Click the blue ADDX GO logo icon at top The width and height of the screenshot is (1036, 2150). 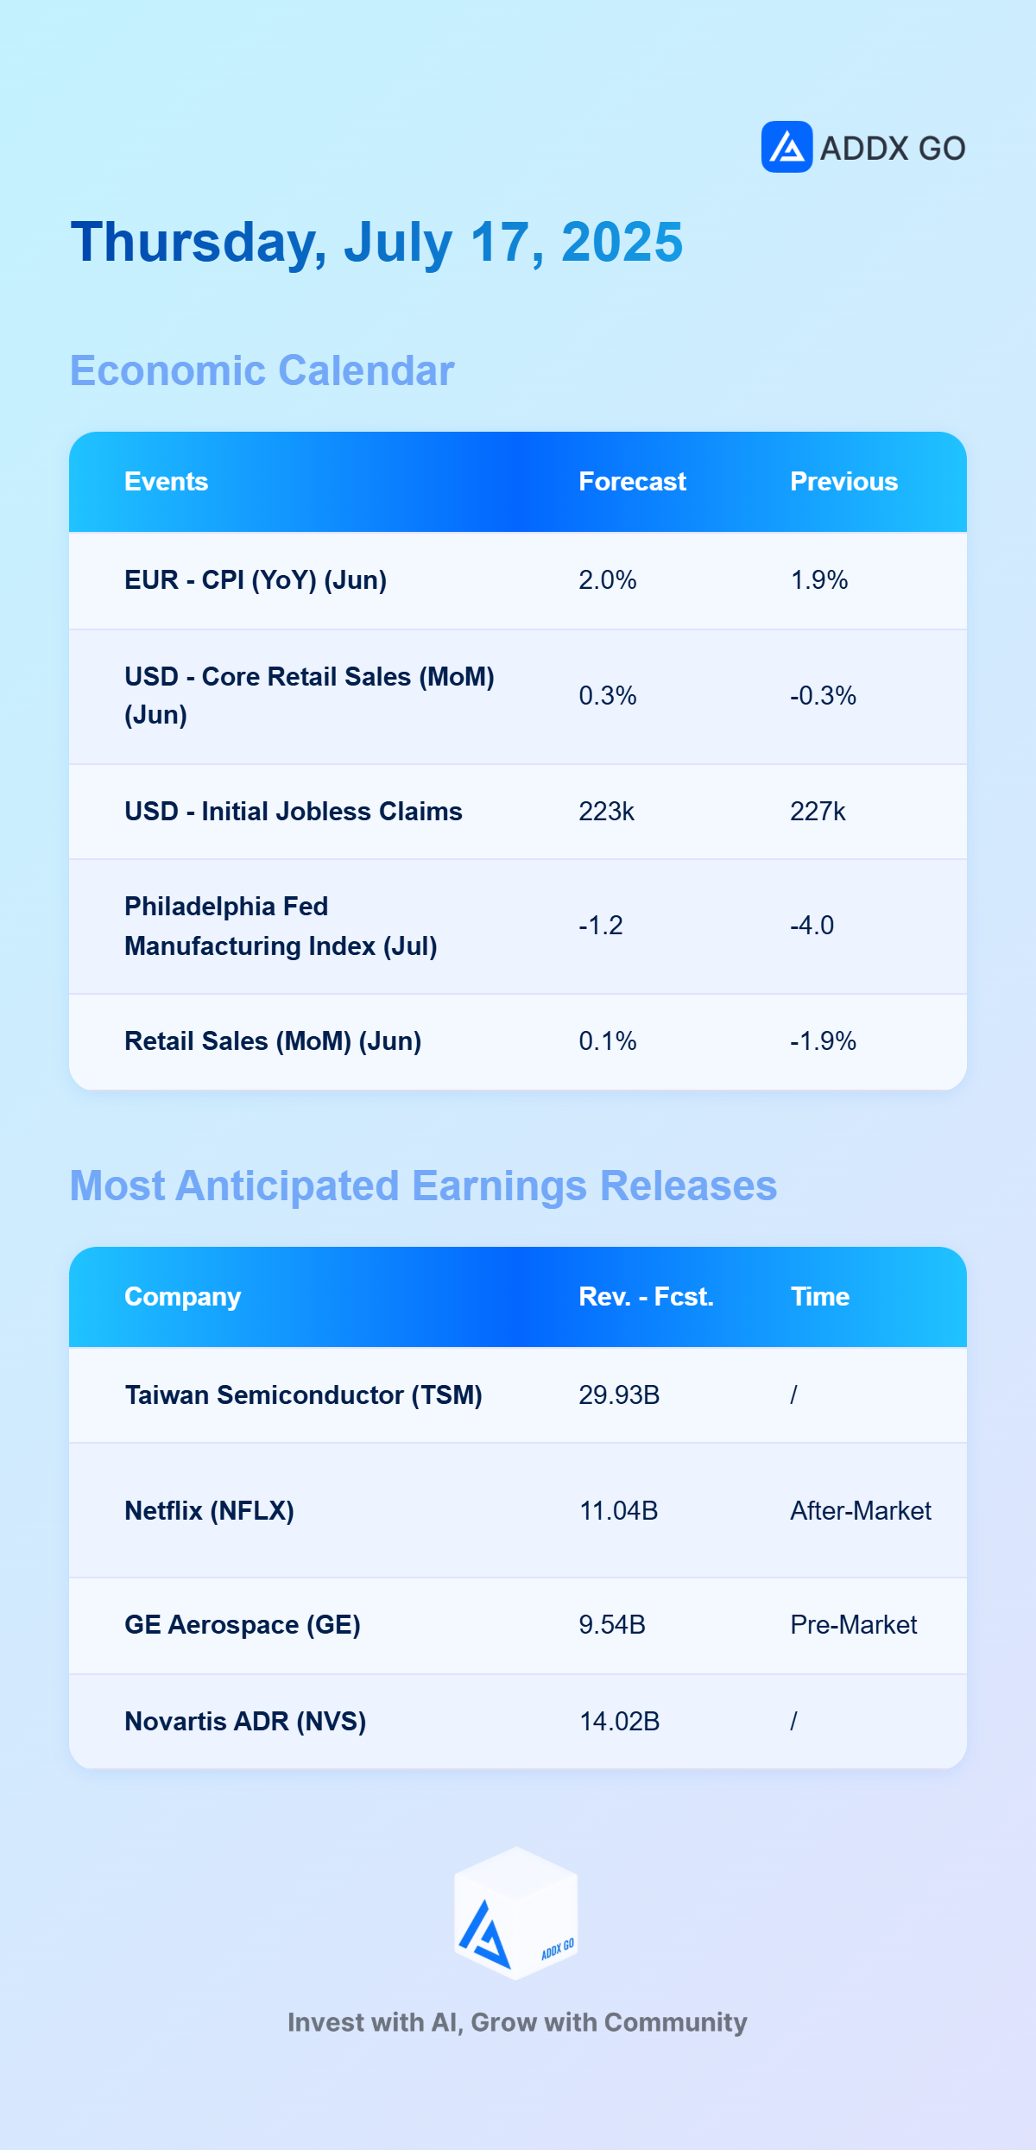786,147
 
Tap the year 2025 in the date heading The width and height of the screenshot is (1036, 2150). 622,242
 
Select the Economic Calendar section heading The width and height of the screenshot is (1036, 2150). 262,370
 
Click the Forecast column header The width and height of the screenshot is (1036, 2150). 632,482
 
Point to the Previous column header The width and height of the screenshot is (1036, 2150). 843,482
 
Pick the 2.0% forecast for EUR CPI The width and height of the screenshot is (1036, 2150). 608,580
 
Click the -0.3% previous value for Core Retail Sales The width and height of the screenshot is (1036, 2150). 823,696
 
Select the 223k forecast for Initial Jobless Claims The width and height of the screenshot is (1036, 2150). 607,812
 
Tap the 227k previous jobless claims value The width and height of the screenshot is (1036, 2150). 818,812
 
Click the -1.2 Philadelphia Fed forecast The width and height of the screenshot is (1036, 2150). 600,926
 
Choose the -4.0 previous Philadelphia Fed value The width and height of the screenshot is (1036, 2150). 812,926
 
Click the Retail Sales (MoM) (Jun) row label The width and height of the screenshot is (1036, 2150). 273,1041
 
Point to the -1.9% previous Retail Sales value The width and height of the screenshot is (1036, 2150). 823,1041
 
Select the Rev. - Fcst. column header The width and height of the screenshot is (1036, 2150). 646,1297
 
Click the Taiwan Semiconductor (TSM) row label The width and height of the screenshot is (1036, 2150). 303,1395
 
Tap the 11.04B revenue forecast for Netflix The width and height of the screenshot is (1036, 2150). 618,1511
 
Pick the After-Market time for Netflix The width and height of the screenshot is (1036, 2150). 861,1511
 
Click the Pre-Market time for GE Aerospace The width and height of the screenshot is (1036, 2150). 853,1625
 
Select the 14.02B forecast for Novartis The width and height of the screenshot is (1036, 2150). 619,1722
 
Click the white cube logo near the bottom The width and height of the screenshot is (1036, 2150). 516,1913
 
